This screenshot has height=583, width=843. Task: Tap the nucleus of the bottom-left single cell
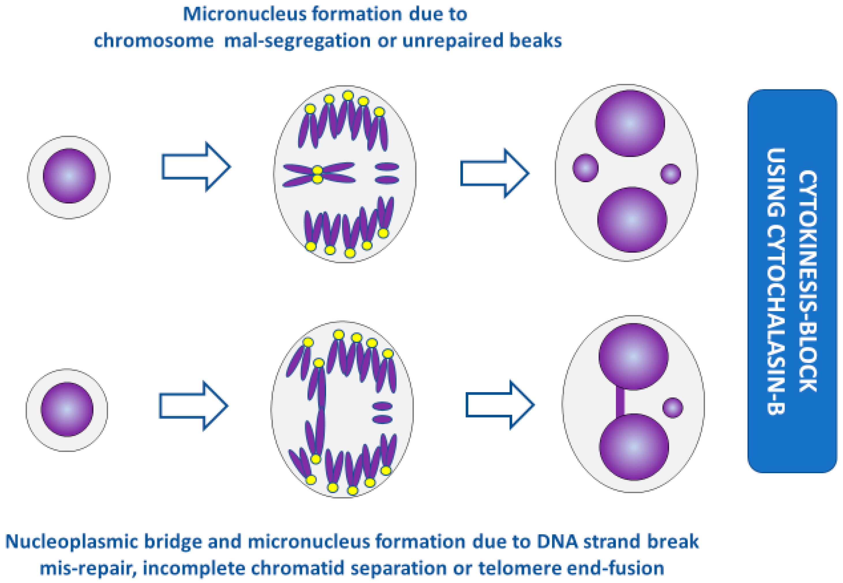click(67, 409)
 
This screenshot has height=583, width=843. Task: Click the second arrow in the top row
click(494, 173)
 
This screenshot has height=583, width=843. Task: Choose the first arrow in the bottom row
click(193, 406)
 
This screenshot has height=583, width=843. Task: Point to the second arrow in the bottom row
click(500, 405)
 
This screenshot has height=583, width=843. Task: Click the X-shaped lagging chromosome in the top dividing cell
click(318, 175)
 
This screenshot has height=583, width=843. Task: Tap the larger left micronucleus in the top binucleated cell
click(585, 168)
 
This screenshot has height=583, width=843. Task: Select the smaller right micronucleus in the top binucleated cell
click(670, 174)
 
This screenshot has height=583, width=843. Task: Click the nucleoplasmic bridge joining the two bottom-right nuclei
click(620, 402)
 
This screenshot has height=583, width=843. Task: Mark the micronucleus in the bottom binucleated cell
click(673, 408)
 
